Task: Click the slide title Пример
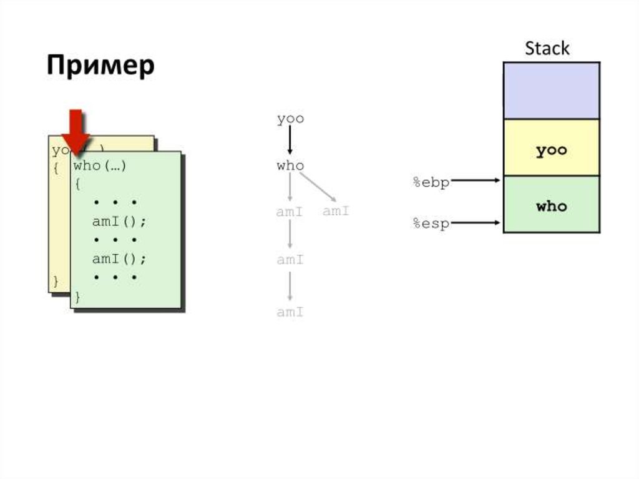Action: [x=100, y=66]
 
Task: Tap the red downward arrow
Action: [x=76, y=132]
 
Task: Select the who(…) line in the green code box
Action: [x=100, y=166]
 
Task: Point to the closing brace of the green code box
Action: [x=77, y=297]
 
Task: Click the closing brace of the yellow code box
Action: [x=56, y=281]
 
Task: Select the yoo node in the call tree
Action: [x=290, y=119]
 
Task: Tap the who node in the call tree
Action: [x=290, y=166]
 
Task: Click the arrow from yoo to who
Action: [x=290, y=142]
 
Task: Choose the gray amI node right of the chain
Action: [x=336, y=211]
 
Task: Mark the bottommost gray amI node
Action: [x=290, y=312]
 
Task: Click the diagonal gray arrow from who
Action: [x=318, y=187]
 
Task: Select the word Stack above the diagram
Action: [x=547, y=49]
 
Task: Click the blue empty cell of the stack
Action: [x=551, y=91]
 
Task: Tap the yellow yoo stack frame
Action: [x=551, y=151]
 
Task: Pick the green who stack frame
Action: [x=551, y=205]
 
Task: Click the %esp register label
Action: [x=431, y=224]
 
